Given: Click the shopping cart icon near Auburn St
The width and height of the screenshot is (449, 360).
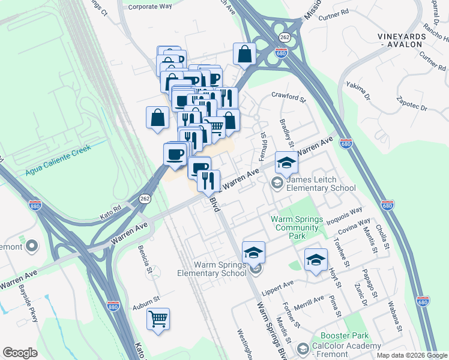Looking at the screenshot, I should pyautogui.click(x=158, y=319).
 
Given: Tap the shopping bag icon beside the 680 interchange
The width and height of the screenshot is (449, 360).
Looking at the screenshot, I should pyautogui.click(x=244, y=53).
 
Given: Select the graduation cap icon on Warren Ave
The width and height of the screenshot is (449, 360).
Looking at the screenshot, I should pyautogui.click(x=286, y=163).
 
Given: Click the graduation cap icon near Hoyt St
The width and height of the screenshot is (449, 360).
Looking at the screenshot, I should pyautogui.click(x=316, y=259).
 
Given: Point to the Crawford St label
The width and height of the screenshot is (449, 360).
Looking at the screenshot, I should pyautogui.click(x=289, y=94).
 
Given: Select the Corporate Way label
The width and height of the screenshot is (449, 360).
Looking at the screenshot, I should pyautogui.click(x=150, y=6).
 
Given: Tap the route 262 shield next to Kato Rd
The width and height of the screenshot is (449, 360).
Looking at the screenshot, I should pyautogui.click(x=145, y=198).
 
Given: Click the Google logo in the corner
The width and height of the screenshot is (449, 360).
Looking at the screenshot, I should pyautogui.click(x=20, y=353).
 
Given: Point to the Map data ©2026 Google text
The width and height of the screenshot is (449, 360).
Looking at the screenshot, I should pyautogui.click(x=412, y=355).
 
